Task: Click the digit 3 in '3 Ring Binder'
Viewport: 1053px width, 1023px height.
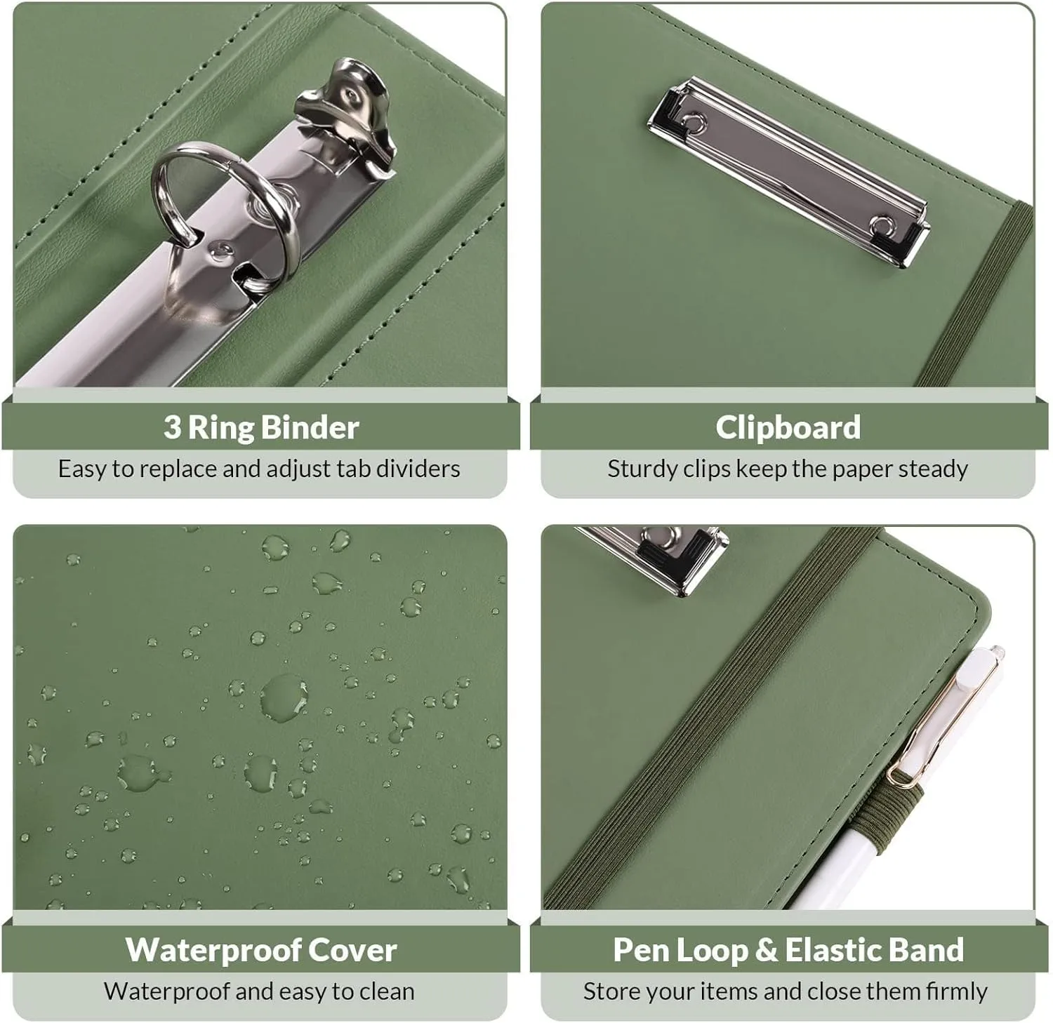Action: click(x=172, y=427)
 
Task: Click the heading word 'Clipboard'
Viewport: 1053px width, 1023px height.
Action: click(x=788, y=428)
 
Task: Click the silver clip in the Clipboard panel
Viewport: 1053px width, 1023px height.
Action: click(x=788, y=171)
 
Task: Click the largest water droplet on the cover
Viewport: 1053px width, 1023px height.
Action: click(x=284, y=697)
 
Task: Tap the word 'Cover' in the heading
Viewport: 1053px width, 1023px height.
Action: click(x=352, y=949)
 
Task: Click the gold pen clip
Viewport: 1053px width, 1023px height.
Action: click(x=941, y=723)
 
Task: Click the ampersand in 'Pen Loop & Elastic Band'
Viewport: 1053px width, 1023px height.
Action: click(x=766, y=950)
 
